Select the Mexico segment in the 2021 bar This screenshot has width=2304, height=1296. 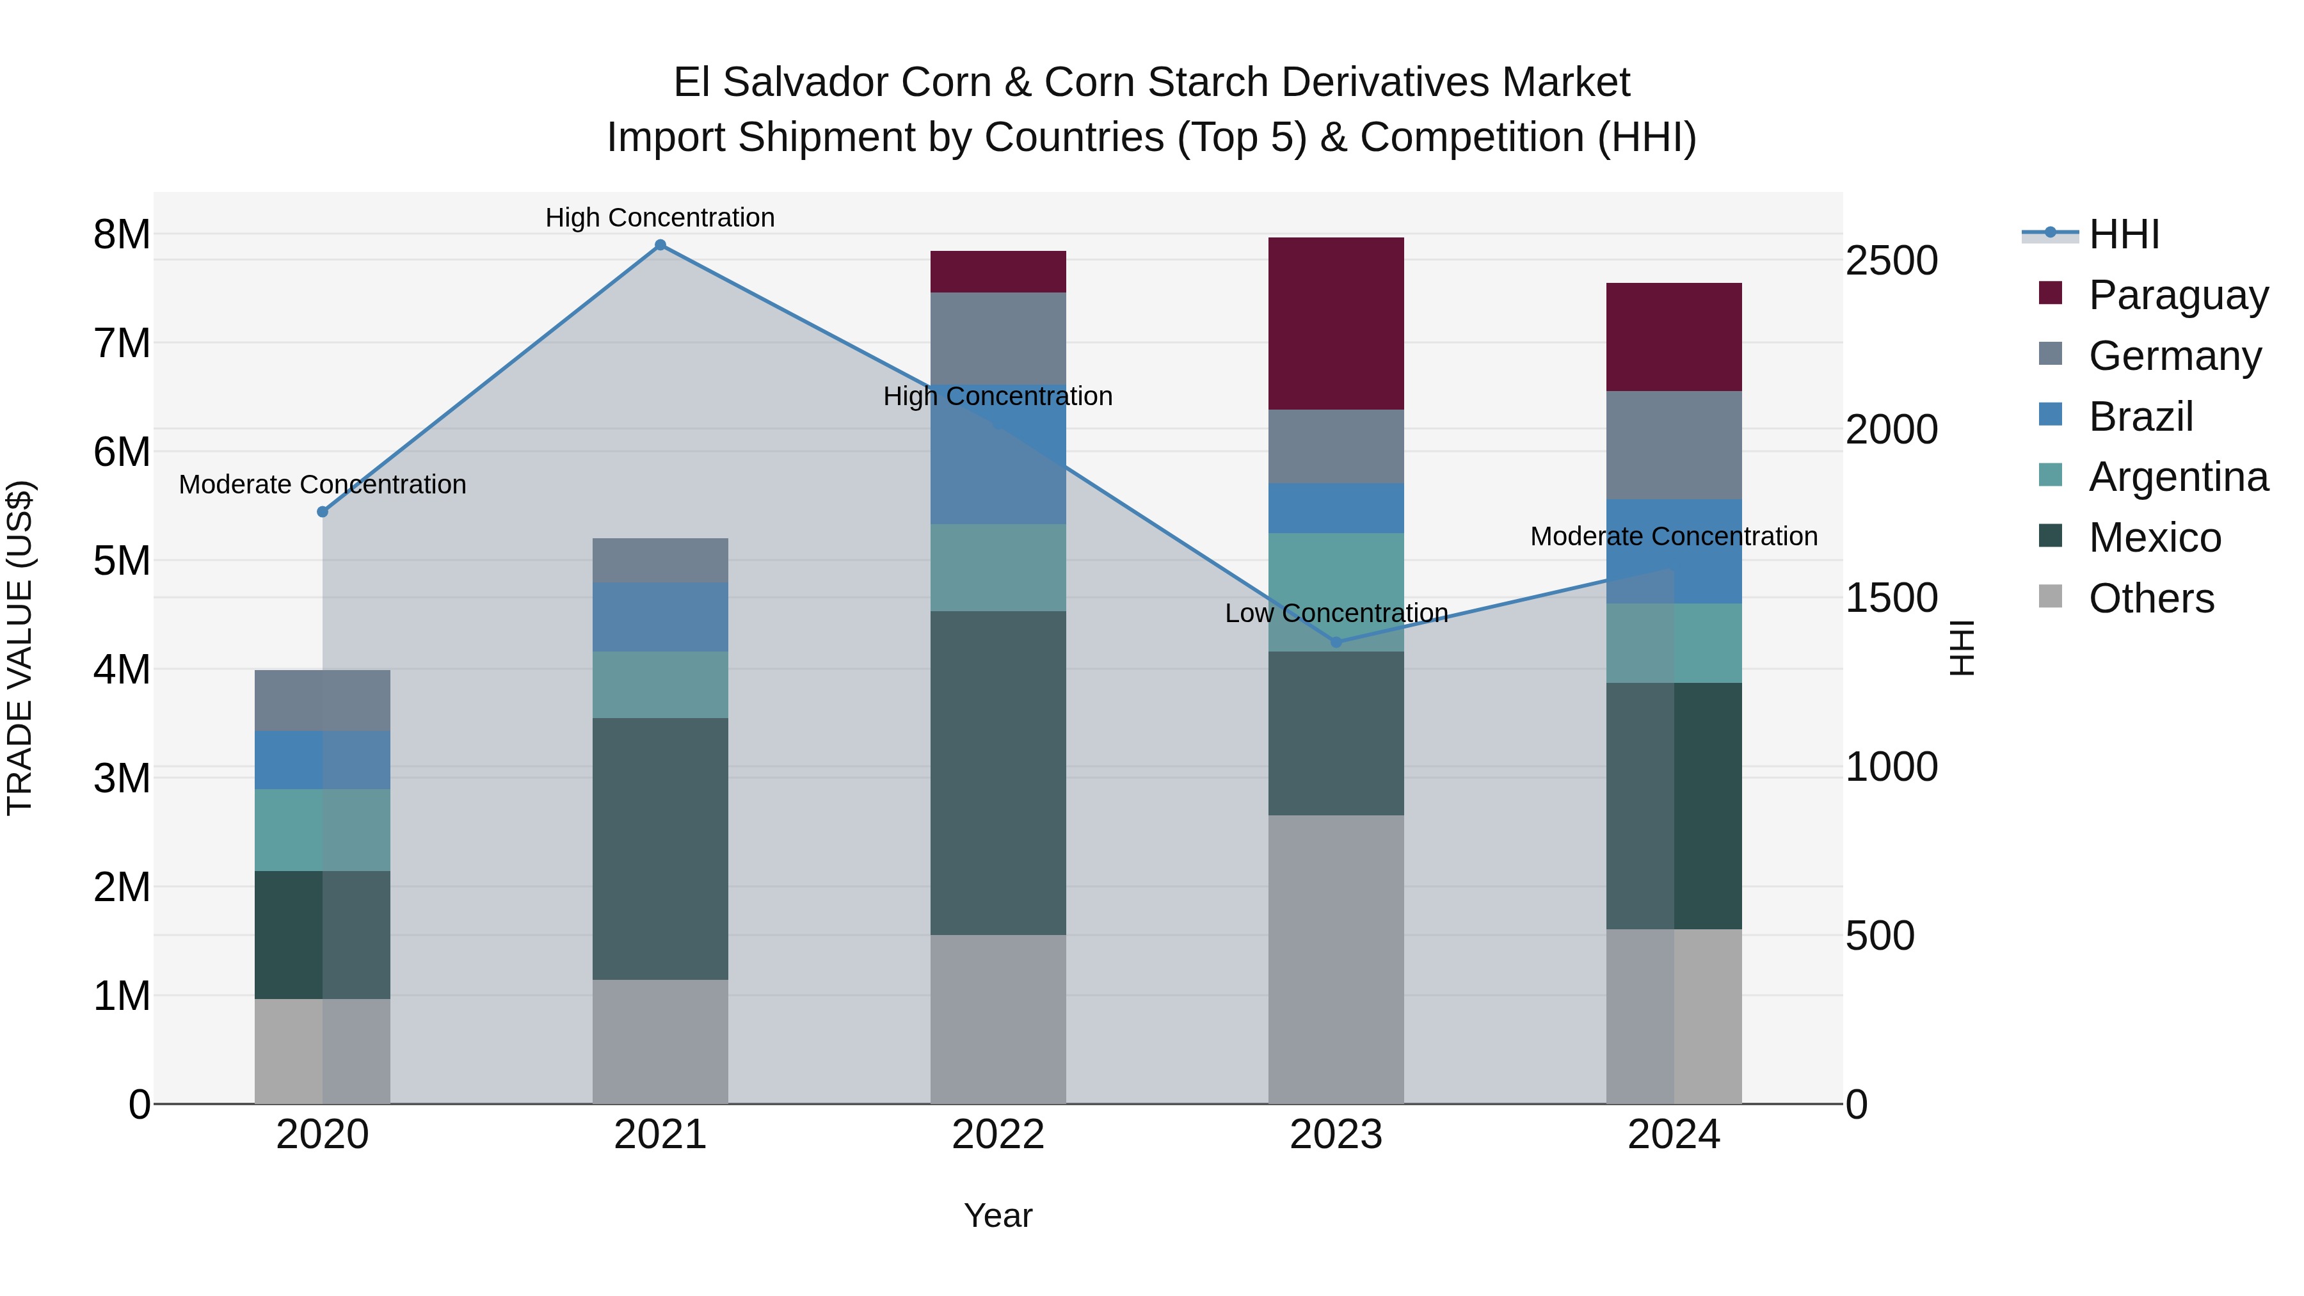tap(660, 848)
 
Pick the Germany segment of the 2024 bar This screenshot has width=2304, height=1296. tap(1674, 445)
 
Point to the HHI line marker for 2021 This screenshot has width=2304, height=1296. tap(660, 245)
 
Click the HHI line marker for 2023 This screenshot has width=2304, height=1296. tap(1336, 642)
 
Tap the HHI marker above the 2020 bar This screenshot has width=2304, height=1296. tap(323, 511)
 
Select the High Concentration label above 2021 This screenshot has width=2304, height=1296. tap(660, 218)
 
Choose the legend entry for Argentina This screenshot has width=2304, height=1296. tap(2178, 477)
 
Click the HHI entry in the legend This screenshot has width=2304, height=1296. tap(2124, 234)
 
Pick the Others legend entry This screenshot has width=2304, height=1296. tap(2151, 598)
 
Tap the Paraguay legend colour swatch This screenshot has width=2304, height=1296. tap(2050, 293)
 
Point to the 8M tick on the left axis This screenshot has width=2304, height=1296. tap(122, 234)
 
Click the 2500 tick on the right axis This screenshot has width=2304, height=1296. tap(1891, 261)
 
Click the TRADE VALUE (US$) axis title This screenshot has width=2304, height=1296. tap(20, 648)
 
